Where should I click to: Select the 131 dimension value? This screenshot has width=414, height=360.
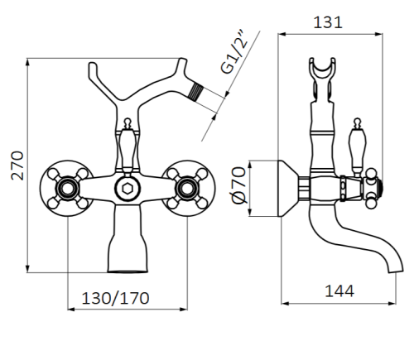329,22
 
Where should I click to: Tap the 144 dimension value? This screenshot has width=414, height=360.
339,290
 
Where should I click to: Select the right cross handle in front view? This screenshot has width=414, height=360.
183,185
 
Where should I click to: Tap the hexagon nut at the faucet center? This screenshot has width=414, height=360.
126,186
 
